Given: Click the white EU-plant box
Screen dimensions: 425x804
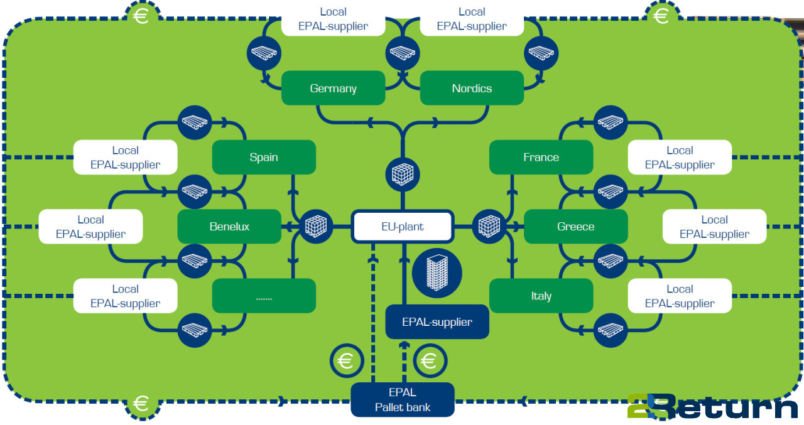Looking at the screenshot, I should click(x=402, y=227).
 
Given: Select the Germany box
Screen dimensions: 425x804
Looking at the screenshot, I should click(x=333, y=88).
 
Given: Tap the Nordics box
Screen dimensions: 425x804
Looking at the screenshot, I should click(x=472, y=88).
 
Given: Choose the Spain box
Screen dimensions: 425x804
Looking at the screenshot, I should click(x=264, y=157).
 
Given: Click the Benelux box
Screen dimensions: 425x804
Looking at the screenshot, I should click(x=229, y=227).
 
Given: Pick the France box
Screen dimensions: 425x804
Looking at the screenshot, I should click(x=541, y=157).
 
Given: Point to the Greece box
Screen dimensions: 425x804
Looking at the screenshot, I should click(x=575, y=227).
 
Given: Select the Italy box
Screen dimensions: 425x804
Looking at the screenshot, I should click(x=541, y=296).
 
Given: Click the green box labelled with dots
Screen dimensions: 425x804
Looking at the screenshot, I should click(x=264, y=296).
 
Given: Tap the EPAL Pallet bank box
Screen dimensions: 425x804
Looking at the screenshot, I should click(x=402, y=400).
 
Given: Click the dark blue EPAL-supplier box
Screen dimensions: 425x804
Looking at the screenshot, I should click(x=437, y=322).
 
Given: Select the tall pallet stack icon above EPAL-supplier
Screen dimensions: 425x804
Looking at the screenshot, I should click(x=437, y=272).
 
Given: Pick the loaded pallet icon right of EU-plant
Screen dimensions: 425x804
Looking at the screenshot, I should click(x=489, y=225).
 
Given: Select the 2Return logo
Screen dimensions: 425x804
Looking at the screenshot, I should click(x=712, y=407).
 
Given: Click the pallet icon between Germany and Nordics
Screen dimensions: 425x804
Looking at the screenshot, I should click(x=402, y=53).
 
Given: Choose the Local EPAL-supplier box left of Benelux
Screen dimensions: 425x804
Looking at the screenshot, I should click(x=90, y=227).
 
